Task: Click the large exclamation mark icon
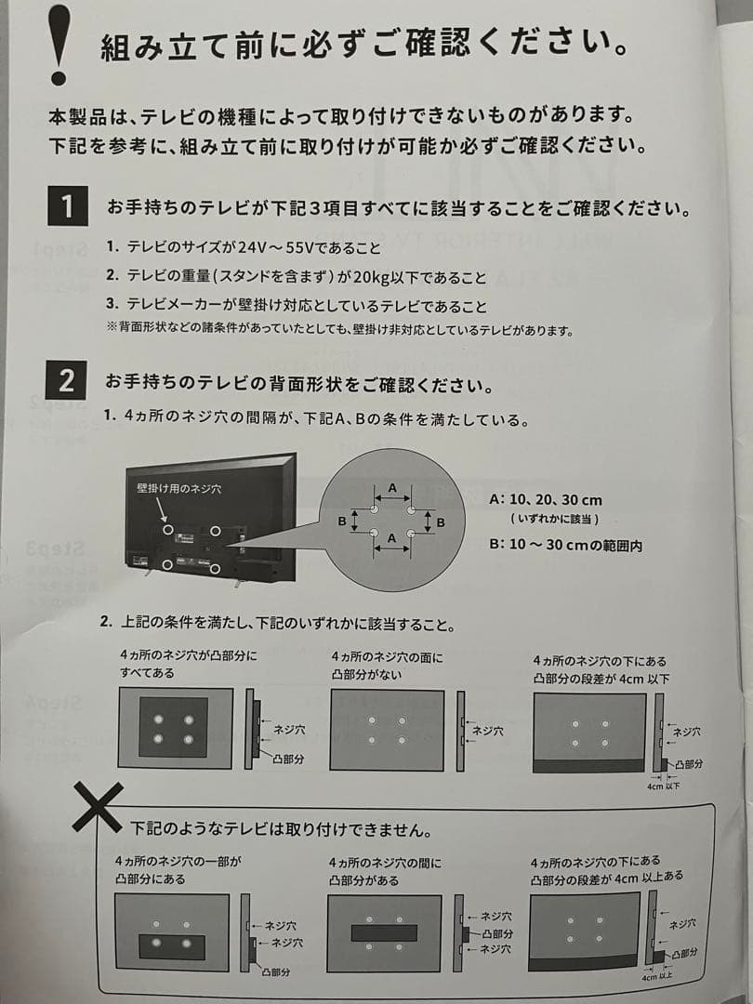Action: click(x=59, y=44)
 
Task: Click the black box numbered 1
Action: click(x=67, y=205)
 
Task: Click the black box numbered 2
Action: click(x=67, y=381)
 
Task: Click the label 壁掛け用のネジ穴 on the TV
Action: click(x=179, y=487)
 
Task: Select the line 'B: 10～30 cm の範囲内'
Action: click(x=565, y=545)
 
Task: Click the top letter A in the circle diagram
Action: click(x=391, y=488)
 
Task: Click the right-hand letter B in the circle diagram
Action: click(x=441, y=522)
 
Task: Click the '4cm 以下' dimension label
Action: click(x=664, y=786)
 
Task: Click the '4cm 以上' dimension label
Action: click(x=657, y=977)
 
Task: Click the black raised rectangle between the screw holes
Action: click(x=384, y=932)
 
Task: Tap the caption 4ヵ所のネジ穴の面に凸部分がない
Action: click(x=388, y=666)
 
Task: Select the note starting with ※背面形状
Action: click(x=338, y=330)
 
